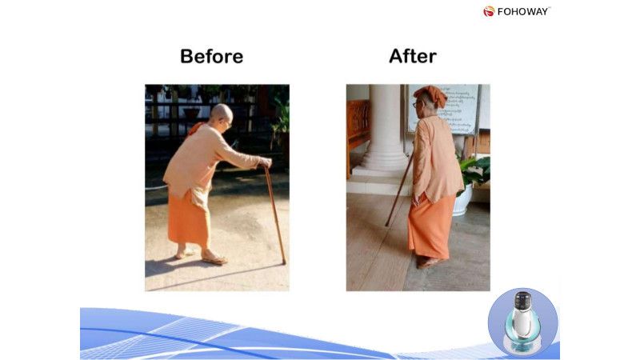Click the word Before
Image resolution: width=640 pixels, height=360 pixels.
point(211,57)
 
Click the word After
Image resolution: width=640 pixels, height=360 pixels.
point(412,56)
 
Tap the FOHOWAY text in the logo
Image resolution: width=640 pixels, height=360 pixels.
point(523,11)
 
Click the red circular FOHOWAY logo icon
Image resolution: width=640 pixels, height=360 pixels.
point(489,11)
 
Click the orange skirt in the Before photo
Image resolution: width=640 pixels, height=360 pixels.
point(190,218)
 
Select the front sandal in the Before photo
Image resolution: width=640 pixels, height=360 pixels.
point(214,258)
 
